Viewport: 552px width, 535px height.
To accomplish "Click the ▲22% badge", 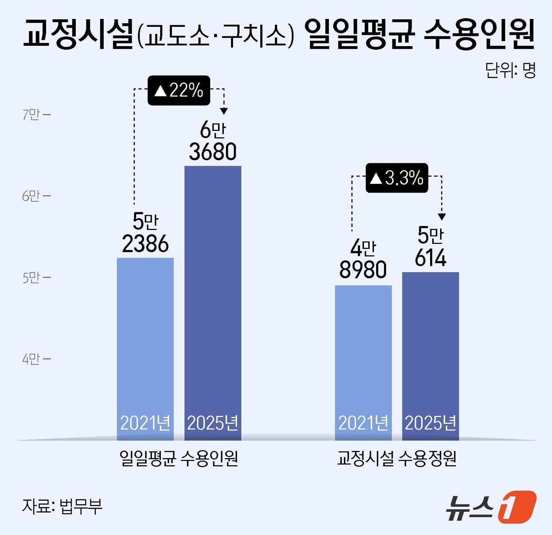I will pyautogui.click(x=179, y=90).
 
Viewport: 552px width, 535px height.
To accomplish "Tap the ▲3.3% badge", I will pyautogui.click(x=397, y=178).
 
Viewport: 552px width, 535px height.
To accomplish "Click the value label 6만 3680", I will pyautogui.click(x=213, y=141).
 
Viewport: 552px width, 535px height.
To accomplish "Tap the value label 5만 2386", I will pyautogui.click(x=145, y=233).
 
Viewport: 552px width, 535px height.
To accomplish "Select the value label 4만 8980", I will pyautogui.click(x=363, y=260).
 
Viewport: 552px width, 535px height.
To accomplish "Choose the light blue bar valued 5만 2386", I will pyautogui.click(x=145, y=339).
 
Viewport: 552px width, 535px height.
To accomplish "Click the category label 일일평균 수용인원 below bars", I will pyautogui.click(x=179, y=458).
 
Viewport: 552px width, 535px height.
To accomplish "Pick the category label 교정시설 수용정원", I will pyautogui.click(x=397, y=458).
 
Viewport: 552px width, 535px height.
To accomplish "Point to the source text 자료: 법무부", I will pyautogui.click(x=62, y=506).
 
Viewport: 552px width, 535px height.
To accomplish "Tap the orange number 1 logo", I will pyautogui.click(x=517, y=507).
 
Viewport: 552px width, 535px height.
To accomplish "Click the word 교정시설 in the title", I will pyautogui.click(x=79, y=34).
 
